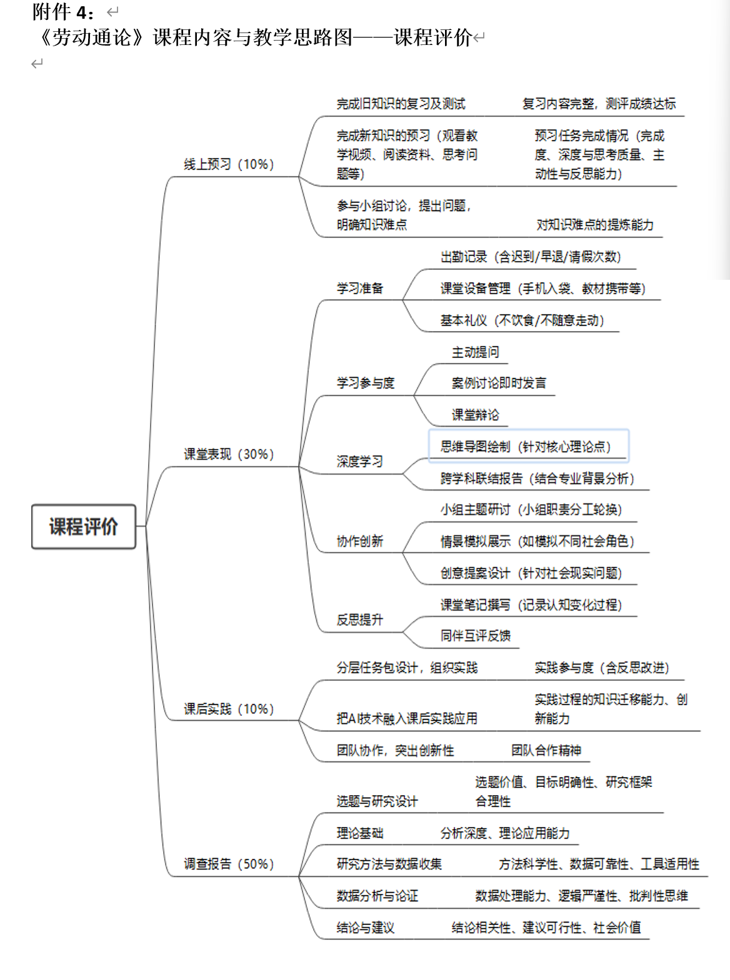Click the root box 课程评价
[83, 527]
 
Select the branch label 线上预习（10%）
[229, 164]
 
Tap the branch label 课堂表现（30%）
[229, 454]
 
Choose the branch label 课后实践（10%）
[229, 709]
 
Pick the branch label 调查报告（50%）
[229, 864]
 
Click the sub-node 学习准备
[359, 289]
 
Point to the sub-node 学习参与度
[366, 383]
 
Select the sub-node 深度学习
[359, 462]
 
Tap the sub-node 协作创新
[359, 542]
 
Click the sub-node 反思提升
[359, 620]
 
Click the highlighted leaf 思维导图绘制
[526, 447]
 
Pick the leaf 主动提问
[476, 352]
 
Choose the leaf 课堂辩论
[476, 415]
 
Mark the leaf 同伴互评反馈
[476, 636]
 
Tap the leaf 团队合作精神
[546, 750]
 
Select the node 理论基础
[359, 833]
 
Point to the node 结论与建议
[366, 928]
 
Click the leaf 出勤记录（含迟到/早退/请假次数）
[531, 257]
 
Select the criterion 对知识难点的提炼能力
[595, 225]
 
